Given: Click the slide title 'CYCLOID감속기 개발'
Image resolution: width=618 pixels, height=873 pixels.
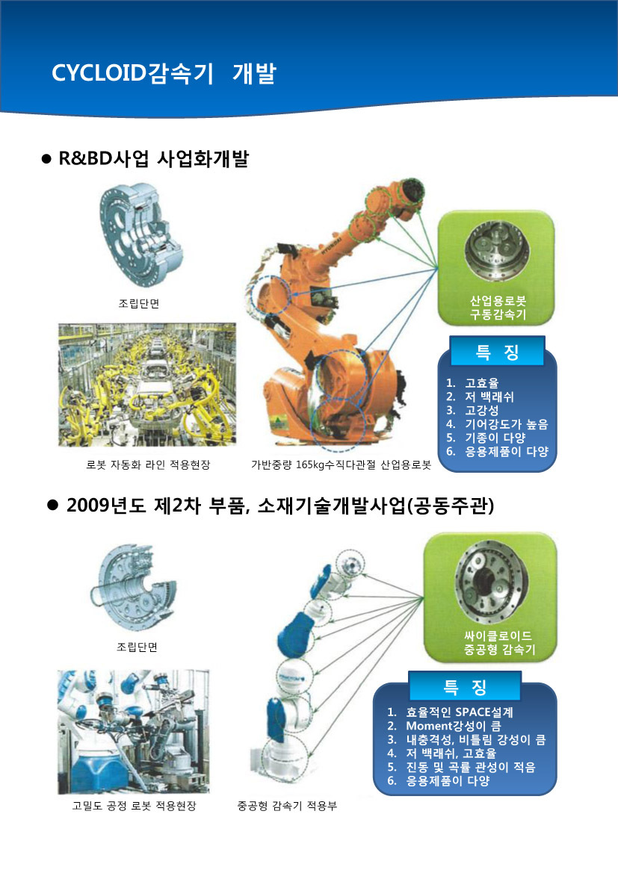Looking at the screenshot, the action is point(164,73).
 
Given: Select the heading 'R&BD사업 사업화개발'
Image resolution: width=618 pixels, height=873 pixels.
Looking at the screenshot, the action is point(153,159).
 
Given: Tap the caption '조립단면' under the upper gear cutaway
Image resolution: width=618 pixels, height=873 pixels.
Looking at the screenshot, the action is point(139,303).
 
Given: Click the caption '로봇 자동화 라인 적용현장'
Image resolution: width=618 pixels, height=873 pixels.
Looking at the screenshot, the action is point(148,465).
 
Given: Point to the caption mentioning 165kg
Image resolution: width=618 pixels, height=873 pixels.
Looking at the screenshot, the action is point(341,465).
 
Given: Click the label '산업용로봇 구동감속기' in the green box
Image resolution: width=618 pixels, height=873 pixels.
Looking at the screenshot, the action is point(498,308).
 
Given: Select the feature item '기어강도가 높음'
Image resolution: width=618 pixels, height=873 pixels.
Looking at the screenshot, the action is point(507,424).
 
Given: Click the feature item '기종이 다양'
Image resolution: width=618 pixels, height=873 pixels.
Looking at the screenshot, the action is point(495,438).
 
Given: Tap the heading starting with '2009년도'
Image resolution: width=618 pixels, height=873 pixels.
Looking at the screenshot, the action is point(279,506).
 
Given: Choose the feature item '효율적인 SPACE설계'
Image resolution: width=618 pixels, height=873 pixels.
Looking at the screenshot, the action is point(459,712).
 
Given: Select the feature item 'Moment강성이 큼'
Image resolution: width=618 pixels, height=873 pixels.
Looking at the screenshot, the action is point(453,726).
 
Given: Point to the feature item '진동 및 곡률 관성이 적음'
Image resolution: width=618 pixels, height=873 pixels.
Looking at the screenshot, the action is point(470,767).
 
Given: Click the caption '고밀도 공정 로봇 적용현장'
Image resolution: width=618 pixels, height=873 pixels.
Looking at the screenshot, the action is point(135,806).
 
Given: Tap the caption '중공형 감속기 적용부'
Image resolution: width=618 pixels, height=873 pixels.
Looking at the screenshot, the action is point(287,806).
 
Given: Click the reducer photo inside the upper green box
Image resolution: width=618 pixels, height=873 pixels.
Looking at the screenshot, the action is point(497,250).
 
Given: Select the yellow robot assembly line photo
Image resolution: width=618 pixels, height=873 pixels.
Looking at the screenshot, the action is point(147,385).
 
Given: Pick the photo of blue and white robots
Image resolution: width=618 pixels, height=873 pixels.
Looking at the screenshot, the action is point(133,732).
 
